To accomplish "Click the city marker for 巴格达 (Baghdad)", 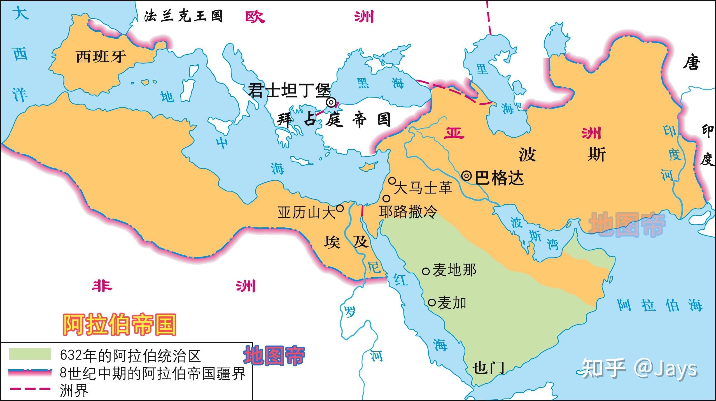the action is point(466,176).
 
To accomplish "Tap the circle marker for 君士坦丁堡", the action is point(331,103).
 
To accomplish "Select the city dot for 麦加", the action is point(432,303).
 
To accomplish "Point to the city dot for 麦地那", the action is point(426,271).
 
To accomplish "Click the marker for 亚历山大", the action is point(340,208).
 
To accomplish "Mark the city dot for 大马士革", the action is point(392,180).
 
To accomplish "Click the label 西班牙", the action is point(101,57).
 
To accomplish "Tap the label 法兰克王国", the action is point(183,16).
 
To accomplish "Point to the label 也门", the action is point(488,367).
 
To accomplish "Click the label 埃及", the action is point(346,242).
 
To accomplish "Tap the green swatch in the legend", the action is point(30,354).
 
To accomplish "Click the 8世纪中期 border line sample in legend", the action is point(30,372).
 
